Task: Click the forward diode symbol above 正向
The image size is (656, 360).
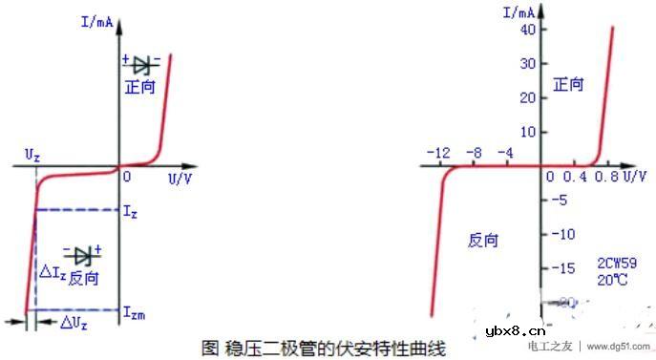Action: (x=142, y=65)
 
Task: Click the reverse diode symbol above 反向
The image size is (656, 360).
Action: (x=83, y=255)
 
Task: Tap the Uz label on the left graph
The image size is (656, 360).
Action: (x=33, y=154)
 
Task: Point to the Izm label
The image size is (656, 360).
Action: (x=135, y=312)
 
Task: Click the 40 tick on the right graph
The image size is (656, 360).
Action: (x=527, y=30)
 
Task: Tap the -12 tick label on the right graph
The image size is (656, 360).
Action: (x=438, y=154)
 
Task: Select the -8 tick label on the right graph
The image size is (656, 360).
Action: (x=475, y=154)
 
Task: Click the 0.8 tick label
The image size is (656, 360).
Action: (x=607, y=178)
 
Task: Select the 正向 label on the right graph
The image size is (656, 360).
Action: (x=568, y=85)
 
